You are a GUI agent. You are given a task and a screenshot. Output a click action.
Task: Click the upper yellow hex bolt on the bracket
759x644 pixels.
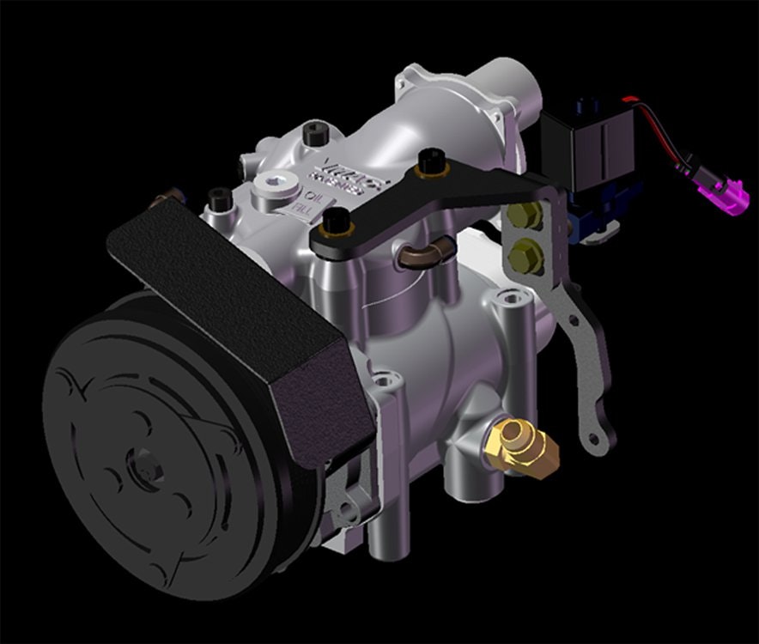click(525, 217)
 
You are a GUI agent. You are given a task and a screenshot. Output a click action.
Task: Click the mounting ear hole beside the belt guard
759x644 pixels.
click(383, 378)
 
